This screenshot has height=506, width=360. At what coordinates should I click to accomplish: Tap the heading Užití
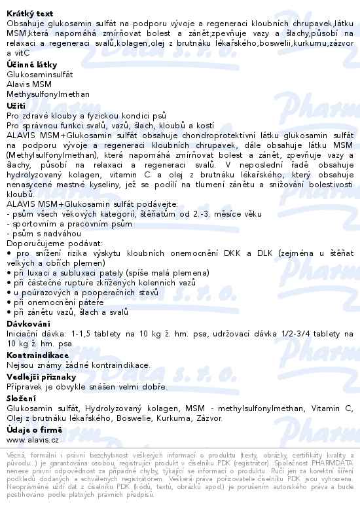click(x=16, y=105)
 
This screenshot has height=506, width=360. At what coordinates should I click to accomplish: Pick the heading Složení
click(x=22, y=399)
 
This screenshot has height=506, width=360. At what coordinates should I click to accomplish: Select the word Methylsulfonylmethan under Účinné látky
click(x=47, y=94)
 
